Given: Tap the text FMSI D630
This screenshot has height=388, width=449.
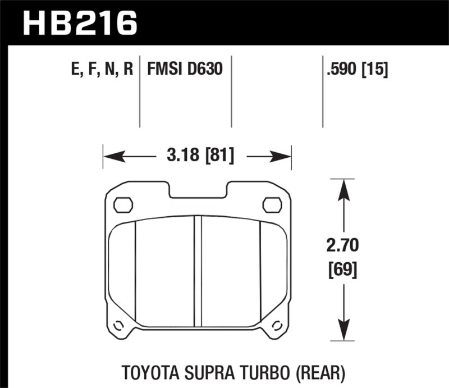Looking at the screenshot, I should pos(185,69).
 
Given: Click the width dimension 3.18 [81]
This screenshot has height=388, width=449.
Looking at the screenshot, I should pos(196,155).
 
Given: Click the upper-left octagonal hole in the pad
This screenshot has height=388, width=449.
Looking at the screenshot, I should pos(123,205).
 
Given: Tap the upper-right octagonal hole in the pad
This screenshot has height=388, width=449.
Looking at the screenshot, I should pos(272,205).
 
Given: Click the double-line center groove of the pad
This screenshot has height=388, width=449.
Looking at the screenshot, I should pos(198,270).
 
